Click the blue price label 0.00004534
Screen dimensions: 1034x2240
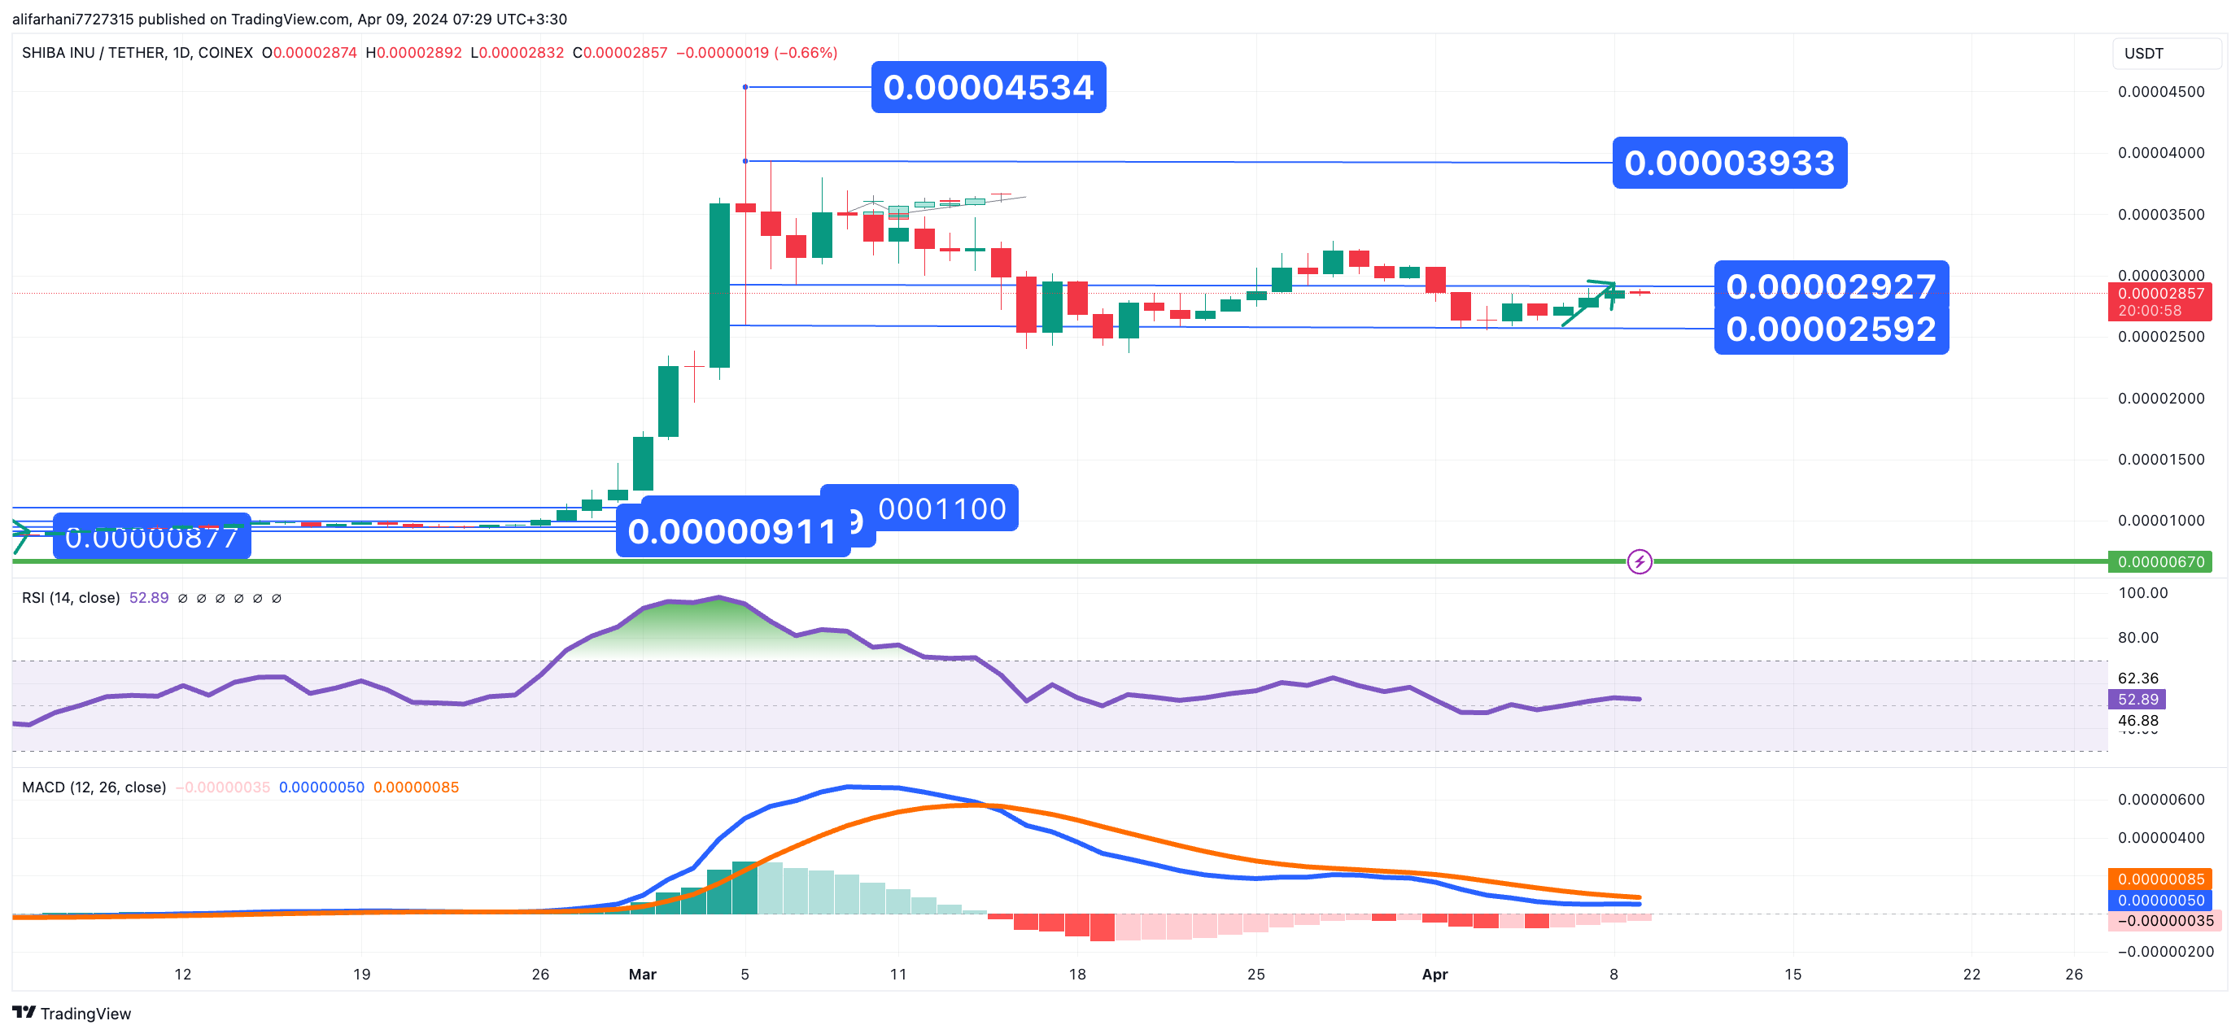(x=988, y=87)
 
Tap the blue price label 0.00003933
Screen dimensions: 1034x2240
(x=1729, y=163)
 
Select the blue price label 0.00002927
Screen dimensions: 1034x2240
(x=1831, y=286)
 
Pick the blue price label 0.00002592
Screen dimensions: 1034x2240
(x=1831, y=329)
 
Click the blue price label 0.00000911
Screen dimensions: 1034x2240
(x=731, y=531)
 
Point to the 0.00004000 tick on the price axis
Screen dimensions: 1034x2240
(x=2160, y=153)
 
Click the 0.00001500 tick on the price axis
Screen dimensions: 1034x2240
(x=2160, y=459)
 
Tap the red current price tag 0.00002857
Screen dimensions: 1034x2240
(x=2160, y=294)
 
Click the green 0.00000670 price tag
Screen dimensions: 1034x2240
(x=2160, y=562)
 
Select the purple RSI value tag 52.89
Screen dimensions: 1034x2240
(x=2137, y=699)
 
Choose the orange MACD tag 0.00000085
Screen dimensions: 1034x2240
(x=2160, y=879)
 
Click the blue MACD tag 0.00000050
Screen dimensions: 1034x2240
(x=2160, y=900)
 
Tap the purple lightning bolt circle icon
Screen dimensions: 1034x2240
(x=1640, y=562)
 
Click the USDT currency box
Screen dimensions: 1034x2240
(x=2165, y=53)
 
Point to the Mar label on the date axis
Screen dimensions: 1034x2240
(x=643, y=974)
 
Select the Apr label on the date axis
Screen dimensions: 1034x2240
(x=1434, y=974)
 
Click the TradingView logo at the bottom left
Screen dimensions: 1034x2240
(x=72, y=1013)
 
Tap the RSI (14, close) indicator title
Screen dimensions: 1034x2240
(x=71, y=597)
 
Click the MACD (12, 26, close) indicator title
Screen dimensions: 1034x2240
(x=94, y=787)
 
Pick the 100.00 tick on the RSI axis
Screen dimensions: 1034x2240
(x=2142, y=593)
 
